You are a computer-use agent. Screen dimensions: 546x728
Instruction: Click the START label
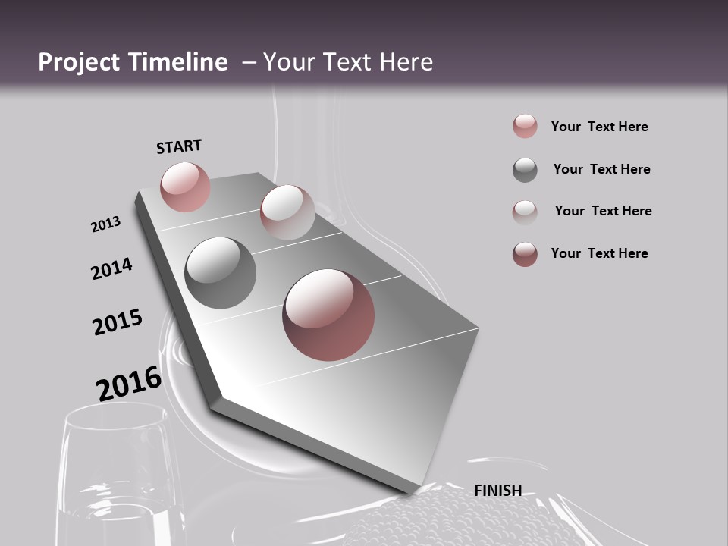[x=179, y=146]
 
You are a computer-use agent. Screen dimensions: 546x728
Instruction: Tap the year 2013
[x=105, y=224]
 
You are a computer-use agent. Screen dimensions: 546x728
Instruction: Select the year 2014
[x=111, y=268]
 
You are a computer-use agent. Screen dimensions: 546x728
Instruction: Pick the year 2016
[x=129, y=383]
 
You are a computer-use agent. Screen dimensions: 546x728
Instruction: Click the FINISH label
[x=497, y=491]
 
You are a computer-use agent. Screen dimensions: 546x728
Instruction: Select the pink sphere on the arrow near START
[x=185, y=187]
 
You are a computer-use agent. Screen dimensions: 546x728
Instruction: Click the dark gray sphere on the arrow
[x=220, y=273]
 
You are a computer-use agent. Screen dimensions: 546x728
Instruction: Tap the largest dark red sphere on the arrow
[x=328, y=315]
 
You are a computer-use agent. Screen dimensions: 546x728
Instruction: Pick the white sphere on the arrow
[x=287, y=212]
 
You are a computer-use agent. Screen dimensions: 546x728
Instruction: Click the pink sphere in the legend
[x=525, y=126]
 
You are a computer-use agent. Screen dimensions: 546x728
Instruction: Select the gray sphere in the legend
[x=525, y=170]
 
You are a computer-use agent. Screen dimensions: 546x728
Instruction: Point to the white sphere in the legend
[x=525, y=212]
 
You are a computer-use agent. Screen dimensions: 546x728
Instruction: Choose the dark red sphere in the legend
[x=525, y=254]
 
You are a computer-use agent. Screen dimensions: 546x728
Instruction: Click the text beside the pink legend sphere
[x=599, y=127]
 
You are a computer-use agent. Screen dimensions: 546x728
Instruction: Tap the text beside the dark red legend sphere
[x=599, y=253]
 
